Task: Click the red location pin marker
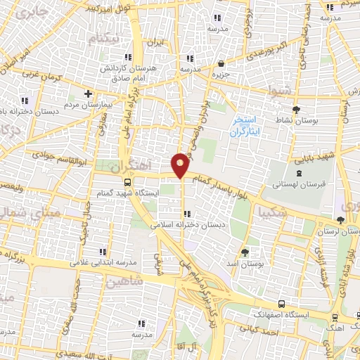181,165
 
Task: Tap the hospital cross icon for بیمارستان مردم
88,94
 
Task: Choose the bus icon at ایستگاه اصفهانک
281,304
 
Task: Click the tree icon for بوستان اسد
245,252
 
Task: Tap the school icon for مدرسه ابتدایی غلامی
103,251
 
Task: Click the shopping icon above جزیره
221,62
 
